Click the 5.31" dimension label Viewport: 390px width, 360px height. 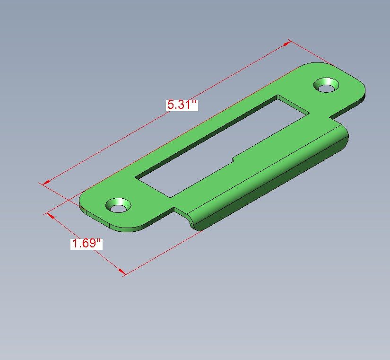[182, 105]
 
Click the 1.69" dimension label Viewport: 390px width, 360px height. [87, 243]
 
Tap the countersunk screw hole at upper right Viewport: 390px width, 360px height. [326, 85]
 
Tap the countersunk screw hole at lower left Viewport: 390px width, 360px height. [118, 205]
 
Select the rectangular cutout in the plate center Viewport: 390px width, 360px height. [223, 146]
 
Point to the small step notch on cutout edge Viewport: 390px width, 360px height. [233, 159]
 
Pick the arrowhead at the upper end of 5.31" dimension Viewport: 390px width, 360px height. [287, 44]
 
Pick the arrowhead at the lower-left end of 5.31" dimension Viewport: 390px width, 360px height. [46, 183]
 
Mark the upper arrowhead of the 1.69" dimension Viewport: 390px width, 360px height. [51, 216]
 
